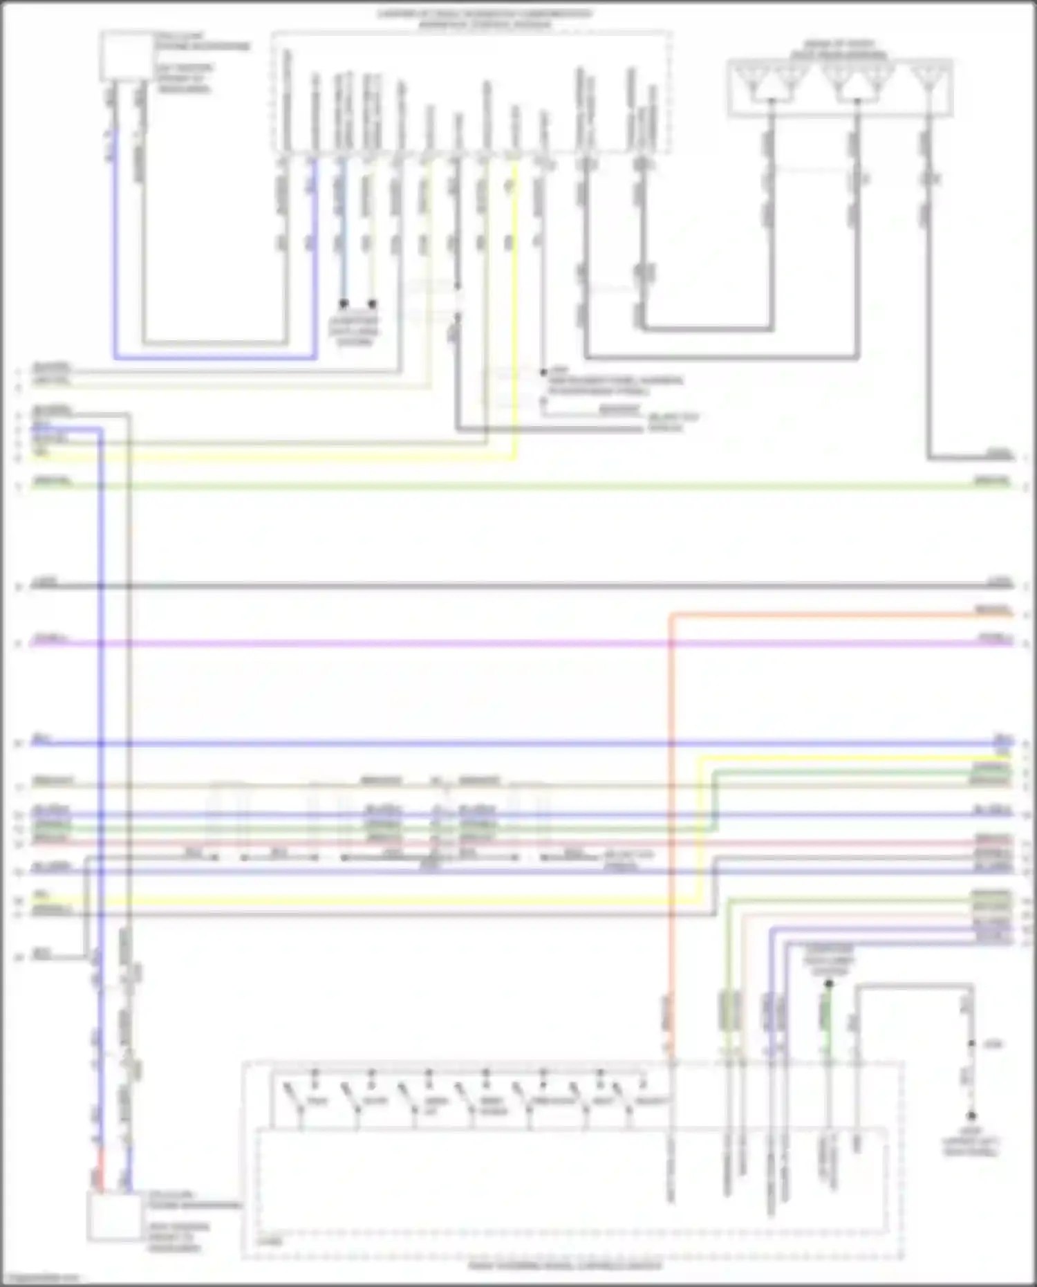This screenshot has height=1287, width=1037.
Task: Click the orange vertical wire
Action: click(x=671, y=830)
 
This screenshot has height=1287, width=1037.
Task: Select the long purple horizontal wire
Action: click(x=484, y=643)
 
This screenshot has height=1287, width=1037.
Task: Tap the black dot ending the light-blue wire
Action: click(x=343, y=304)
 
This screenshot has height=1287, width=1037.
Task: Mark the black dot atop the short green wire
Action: click(x=828, y=983)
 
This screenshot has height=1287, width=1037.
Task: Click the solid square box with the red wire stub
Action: click(x=114, y=1216)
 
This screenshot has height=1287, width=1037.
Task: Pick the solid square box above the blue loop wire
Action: click(x=127, y=56)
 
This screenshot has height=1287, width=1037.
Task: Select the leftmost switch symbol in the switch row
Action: click(x=292, y=1095)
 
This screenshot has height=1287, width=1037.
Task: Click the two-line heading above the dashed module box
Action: click(x=484, y=19)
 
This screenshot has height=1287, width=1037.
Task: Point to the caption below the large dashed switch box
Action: click(x=565, y=1266)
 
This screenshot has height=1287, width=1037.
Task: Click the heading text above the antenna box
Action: click(x=839, y=48)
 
